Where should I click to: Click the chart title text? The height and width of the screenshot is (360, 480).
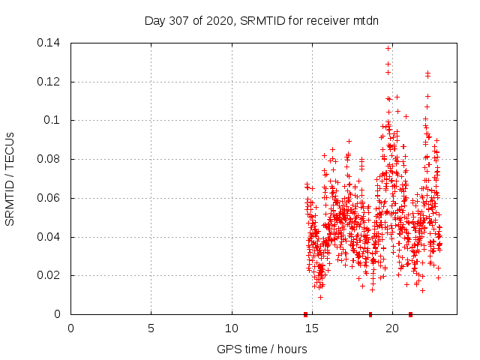261,20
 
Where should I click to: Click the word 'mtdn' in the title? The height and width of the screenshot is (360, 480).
365,20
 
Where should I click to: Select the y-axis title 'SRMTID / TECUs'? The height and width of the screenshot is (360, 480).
10,178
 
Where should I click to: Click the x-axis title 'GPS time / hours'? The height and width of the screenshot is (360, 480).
261,349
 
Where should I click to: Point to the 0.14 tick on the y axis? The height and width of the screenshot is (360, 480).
51,43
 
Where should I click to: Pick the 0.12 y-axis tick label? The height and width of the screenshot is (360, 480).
51,82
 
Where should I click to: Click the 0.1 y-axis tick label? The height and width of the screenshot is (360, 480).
54,120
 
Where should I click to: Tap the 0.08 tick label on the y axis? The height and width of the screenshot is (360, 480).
51,159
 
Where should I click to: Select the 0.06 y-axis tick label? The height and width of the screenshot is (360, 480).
51,198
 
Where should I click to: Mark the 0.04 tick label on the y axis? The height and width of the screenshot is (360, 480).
51,237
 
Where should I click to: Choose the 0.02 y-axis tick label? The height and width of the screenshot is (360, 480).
51,276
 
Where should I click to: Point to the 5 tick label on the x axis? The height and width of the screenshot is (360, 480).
151,328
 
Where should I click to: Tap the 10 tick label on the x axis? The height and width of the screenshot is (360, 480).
232,328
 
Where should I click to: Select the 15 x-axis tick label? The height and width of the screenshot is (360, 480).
312,328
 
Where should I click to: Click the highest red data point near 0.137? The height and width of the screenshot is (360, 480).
388,48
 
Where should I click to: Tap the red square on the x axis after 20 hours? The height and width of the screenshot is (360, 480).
410,314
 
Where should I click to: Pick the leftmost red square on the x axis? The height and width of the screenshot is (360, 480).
305,314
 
